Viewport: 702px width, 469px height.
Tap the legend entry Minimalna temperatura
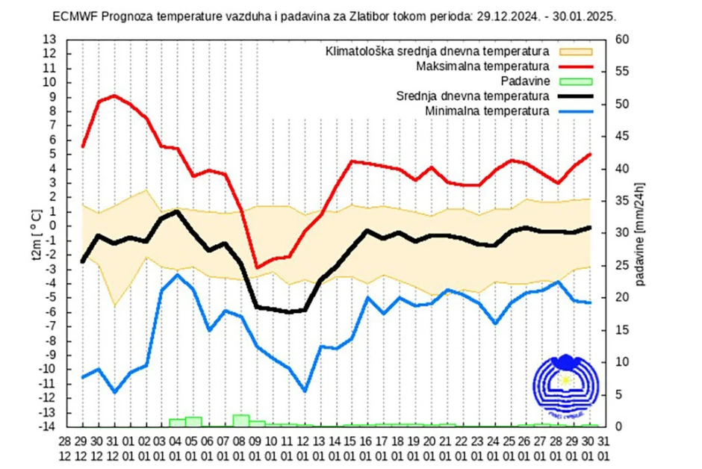488,111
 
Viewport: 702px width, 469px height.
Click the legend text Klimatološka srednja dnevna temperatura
438,52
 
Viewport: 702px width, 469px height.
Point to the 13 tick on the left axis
50,40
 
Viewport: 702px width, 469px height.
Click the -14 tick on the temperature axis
47,426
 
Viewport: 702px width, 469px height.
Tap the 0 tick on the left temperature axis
52,226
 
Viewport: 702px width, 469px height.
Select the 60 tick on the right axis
620,40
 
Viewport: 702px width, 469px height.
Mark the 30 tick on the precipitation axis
620,233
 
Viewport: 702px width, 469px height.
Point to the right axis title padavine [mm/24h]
641,233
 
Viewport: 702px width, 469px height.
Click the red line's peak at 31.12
114,96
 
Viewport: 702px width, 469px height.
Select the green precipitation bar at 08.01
240,420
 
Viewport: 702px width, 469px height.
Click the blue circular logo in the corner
565,383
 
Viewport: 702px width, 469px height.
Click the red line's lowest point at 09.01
257,267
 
